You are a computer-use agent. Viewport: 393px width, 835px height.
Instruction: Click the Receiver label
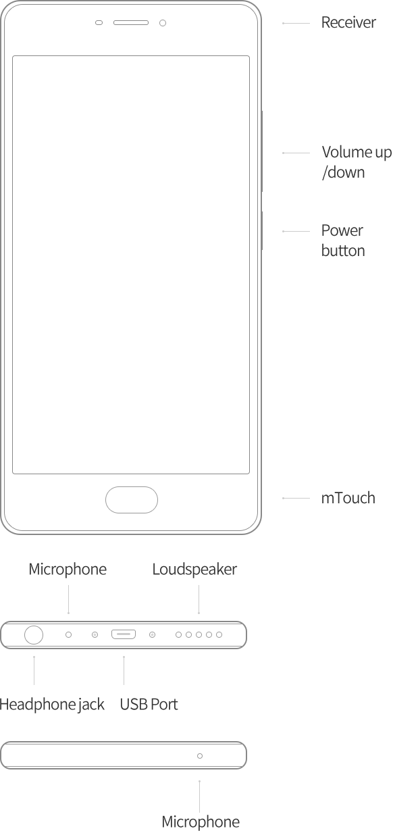[348, 23]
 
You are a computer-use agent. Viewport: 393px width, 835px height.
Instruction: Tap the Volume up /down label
[357, 162]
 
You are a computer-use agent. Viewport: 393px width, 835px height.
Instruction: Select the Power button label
[343, 241]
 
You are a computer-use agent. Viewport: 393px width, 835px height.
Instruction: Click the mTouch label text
[348, 498]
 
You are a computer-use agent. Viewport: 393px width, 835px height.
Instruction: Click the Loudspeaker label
[194, 570]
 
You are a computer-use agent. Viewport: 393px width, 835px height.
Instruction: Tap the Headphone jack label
[52, 705]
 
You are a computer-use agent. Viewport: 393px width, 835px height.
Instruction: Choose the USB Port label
[149, 705]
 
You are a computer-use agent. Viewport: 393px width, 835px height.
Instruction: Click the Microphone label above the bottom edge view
[68, 570]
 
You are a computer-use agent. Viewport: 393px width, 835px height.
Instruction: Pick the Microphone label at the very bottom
[201, 822]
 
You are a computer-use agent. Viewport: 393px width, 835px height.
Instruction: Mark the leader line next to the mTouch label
[296, 498]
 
